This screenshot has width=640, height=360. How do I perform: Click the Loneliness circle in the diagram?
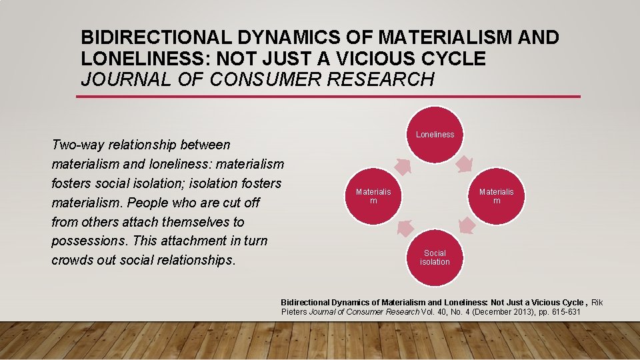(435, 135)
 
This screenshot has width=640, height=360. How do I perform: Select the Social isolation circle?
(435, 257)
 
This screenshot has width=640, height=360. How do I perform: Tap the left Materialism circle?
(373, 196)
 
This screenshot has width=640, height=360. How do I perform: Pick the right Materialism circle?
(497, 196)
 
